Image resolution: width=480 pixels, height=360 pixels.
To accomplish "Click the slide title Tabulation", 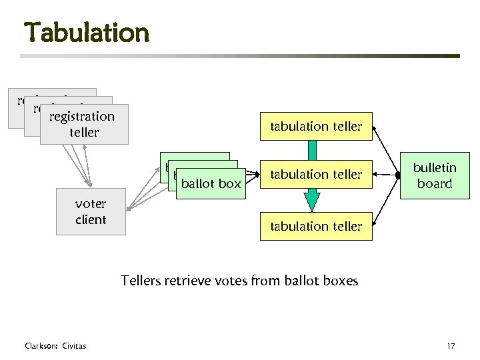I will pos(87,32).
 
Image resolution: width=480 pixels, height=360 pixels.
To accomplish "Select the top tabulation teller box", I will pos(316,126).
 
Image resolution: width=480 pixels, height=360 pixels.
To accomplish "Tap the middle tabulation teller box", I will pos(316,175).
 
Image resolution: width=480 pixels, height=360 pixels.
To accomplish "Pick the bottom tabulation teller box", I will pos(316,226).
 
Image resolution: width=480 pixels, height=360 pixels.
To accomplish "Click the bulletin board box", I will pos(435,175).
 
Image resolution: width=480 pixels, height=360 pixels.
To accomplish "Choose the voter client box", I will pos(91,211).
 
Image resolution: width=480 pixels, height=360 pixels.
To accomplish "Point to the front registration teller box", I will pos(84,124).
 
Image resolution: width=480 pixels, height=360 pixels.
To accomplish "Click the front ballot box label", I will pos(211,183).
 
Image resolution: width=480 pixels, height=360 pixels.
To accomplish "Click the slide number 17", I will pos(451,345).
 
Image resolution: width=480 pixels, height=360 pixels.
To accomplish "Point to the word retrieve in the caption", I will pos(189,281).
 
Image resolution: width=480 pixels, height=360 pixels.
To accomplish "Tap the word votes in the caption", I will pos(231,281).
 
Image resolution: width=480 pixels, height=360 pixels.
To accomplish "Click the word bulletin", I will pos(435,167).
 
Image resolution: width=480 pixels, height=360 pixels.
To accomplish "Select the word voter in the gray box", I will pos(91,203).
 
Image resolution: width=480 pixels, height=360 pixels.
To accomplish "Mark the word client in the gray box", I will pos(91,219).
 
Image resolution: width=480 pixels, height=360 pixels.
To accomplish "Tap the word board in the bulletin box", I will pos(435,183).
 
